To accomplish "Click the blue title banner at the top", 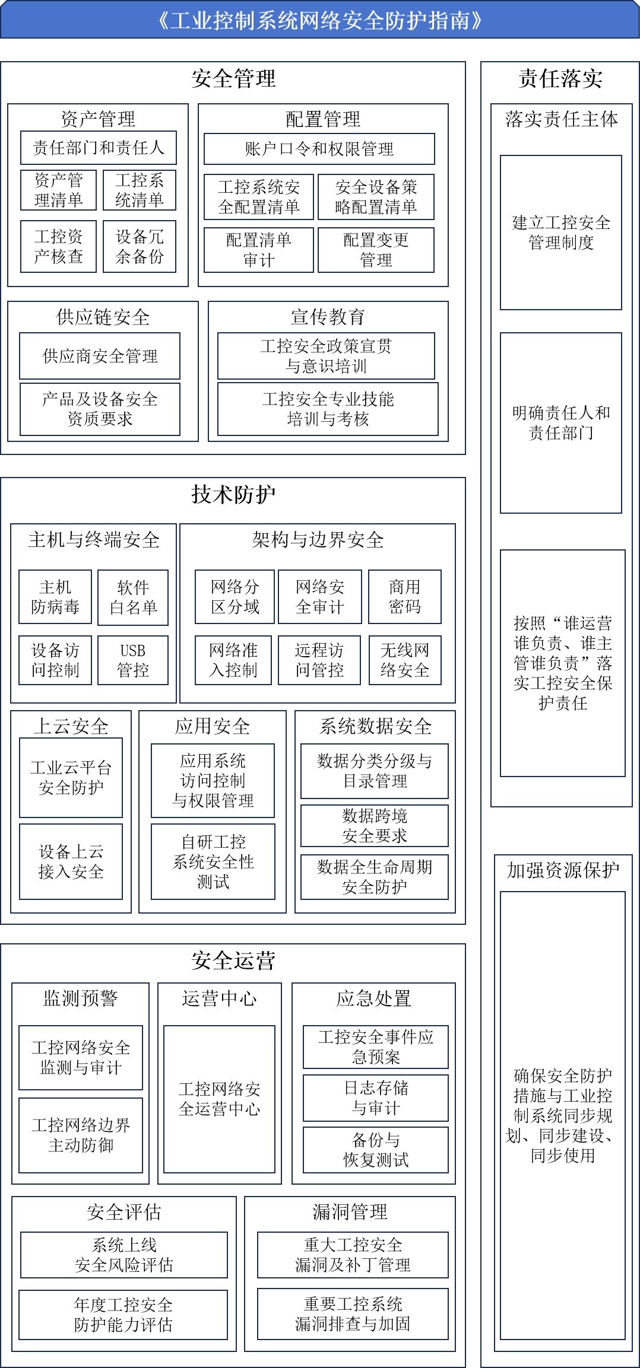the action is click(320, 20).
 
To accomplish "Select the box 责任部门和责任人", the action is click(99, 148).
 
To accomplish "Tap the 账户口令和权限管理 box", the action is click(319, 149).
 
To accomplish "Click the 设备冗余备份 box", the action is click(140, 247).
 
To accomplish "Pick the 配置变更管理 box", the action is click(376, 250).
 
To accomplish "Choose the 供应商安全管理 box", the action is click(100, 356).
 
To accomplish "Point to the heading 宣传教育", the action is click(328, 317).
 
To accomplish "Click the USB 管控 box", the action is click(133, 660).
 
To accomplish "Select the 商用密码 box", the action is click(405, 597).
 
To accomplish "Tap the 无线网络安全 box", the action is click(405, 660).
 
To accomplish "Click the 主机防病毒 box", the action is click(55, 597).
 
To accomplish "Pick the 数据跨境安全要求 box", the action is click(375, 826).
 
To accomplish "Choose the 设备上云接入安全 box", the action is click(71, 862).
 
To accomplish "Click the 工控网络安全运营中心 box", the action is click(220, 1099).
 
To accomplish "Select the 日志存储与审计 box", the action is click(376, 1098).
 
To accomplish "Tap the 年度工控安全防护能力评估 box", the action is click(123, 1315).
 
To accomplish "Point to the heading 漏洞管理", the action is click(350, 1212).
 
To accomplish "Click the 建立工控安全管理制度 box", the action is click(561, 233).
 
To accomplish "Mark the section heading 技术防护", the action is click(233, 494).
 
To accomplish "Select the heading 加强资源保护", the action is click(563, 870).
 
